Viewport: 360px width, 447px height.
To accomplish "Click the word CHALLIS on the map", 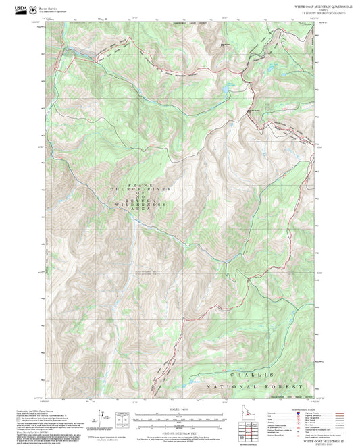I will point(253,373).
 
